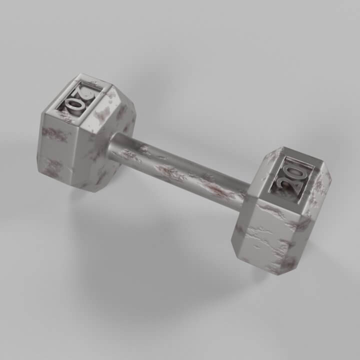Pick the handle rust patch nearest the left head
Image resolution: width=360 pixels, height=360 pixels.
(131, 156)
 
